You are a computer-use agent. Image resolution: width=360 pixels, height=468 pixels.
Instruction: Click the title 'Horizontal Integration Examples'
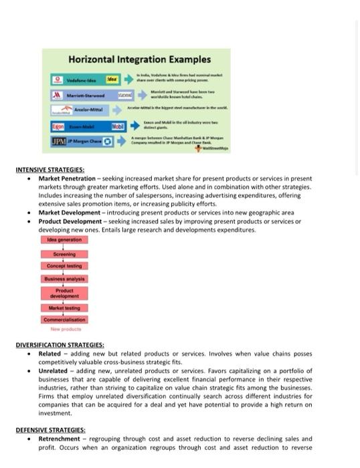coord(139,60)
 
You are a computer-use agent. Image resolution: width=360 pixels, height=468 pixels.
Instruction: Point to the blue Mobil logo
coord(118,125)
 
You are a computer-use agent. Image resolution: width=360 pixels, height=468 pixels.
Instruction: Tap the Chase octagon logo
coord(107,141)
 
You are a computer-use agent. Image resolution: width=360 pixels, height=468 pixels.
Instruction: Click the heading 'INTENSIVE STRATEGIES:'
coord(50,170)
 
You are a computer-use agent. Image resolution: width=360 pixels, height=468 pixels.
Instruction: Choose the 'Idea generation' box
coord(64,239)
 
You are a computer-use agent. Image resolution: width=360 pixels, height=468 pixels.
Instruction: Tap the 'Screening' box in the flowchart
coord(64,254)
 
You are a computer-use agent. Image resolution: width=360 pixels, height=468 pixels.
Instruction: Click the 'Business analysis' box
coord(64,279)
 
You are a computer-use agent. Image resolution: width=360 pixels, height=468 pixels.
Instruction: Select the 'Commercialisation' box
coord(64,320)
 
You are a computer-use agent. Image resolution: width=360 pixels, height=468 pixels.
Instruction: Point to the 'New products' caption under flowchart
coord(65,329)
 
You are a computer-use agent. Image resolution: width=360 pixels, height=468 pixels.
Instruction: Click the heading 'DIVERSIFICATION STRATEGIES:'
coord(60,345)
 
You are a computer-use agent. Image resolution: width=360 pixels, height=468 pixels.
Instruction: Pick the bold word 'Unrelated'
coord(53,370)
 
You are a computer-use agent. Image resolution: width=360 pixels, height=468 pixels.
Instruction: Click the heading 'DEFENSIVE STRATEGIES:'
coord(50,430)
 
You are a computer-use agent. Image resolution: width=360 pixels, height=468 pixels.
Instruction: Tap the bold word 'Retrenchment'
coord(59,439)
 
